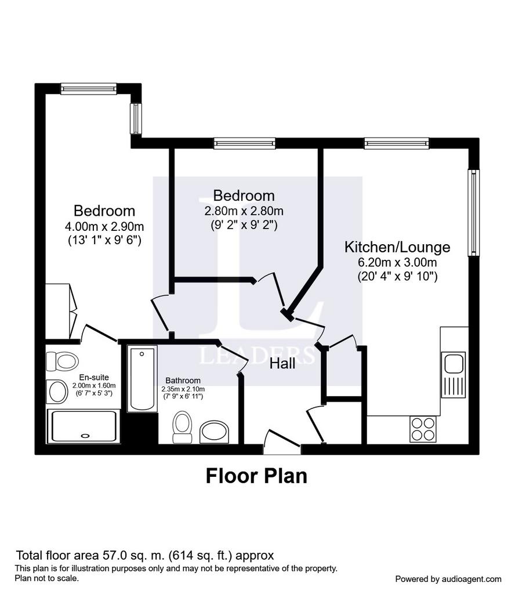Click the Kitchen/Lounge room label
click(x=397, y=247)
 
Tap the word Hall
click(x=282, y=364)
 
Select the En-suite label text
click(x=94, y=377)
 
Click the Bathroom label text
click(x=183, y=381)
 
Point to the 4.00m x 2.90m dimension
click(x=104, y=227)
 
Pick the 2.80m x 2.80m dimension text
click(x=244, y=211)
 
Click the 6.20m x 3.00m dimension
click(x=397, y=262)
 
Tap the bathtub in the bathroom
click(x=142, y=378)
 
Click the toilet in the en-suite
click(x=62, y=361)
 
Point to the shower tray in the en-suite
click(x=84, y=426)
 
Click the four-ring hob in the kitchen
click(x=423, y=429)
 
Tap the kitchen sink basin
click(x=454, y=364)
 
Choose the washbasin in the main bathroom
click(x=215, y=432)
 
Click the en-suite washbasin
click(x=57, y=392)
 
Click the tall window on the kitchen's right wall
click(x=473, y=212)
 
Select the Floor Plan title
click(x=256, y=476)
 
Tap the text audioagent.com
click(x=471, y=579)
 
